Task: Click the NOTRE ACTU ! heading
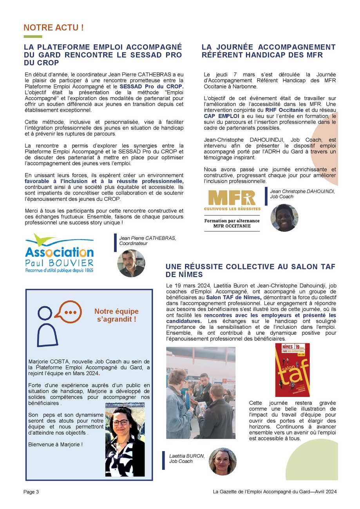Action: [x=54, y=28]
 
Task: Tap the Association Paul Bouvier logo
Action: [x=59, y=253]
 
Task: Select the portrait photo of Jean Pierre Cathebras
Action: [x=131, y=263]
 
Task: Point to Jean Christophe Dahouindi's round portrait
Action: [x=284, y=218]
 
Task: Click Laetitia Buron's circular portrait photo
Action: [x=223, y=461]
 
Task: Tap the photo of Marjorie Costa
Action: [x=125, y=439]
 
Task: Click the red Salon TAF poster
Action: [x=292, y=370]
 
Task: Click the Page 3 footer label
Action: [x=31, y=492]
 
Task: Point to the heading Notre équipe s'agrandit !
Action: [x=116, y=315]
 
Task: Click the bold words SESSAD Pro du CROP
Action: [x=151, y=86]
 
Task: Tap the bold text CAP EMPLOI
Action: [x=221, y=116]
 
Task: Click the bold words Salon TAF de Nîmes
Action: [x=233, y=298]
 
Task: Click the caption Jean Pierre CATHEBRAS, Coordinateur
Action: [x=147, y=240]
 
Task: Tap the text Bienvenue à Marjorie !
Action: [x=56, y=444]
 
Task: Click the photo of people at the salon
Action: [x=201, y=393]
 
